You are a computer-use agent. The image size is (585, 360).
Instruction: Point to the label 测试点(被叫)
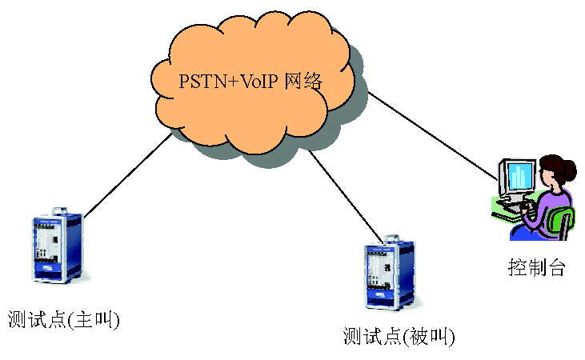[398, 335]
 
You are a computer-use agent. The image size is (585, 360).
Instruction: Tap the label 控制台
[536, 267]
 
